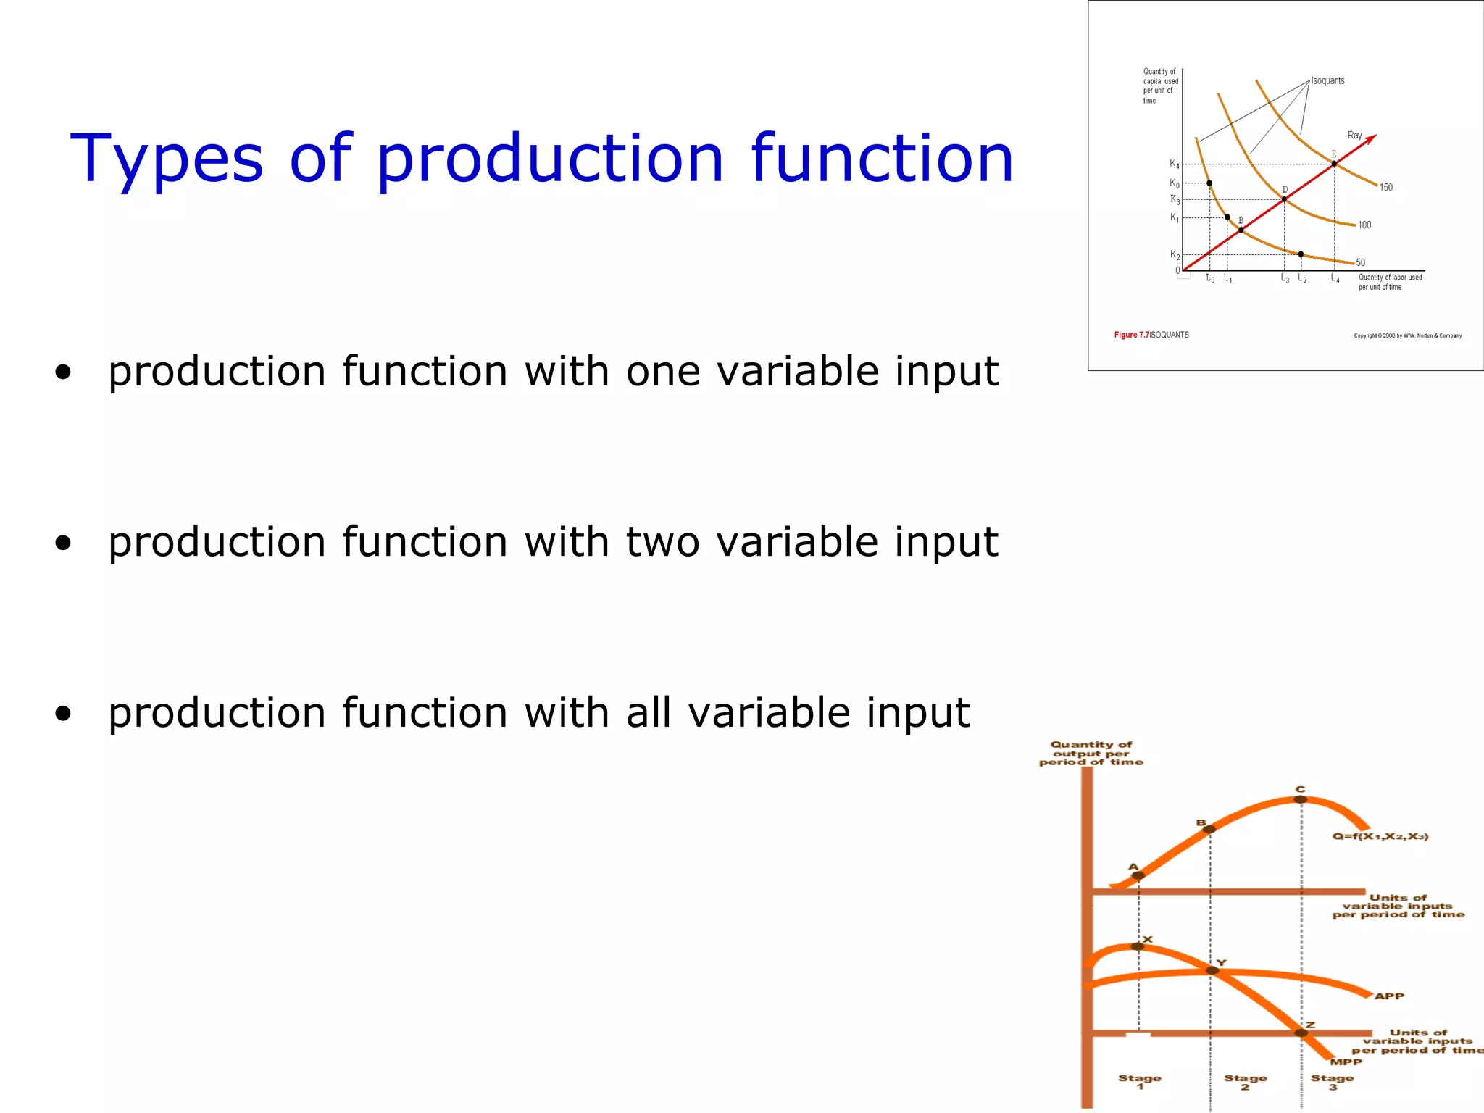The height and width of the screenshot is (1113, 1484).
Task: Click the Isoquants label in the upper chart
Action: [1327, 80]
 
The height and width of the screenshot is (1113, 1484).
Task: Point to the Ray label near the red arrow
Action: [1354, 136]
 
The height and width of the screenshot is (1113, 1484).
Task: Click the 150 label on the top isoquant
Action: [1385, 188]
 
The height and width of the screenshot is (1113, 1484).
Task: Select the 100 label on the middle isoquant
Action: [1364, 225]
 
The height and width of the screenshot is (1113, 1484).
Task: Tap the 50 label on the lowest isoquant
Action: [1360, 263]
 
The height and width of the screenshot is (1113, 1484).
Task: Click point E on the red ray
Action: [1334, 164]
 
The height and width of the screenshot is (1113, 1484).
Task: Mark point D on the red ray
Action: [1284, 199]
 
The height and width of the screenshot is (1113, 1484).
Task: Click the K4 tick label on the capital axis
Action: [1174, 164]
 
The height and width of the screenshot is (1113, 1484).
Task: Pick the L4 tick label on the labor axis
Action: [1335, 278]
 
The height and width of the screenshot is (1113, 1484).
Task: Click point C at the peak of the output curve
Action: [1301, 799]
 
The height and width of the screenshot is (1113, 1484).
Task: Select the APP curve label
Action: [1389, 996]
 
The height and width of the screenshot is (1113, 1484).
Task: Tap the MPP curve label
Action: [1346, 1062]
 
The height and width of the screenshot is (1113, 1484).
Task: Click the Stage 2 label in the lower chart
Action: [1246, 1082]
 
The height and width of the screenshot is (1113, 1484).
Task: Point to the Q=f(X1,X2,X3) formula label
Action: [1380, 837]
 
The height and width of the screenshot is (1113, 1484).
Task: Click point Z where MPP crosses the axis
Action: [1301, 1033]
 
